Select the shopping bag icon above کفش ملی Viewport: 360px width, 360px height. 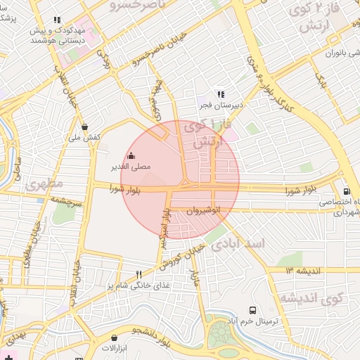[84, 127]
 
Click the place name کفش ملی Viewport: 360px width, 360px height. [84, 138]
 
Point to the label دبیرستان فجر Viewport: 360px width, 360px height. [218, 105]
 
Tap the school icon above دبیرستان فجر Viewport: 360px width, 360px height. [220, 94]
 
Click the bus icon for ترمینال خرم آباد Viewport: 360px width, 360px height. [252, 310]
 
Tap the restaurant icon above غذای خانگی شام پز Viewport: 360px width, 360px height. [139, 274]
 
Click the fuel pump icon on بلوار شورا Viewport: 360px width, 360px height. [346, 191]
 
